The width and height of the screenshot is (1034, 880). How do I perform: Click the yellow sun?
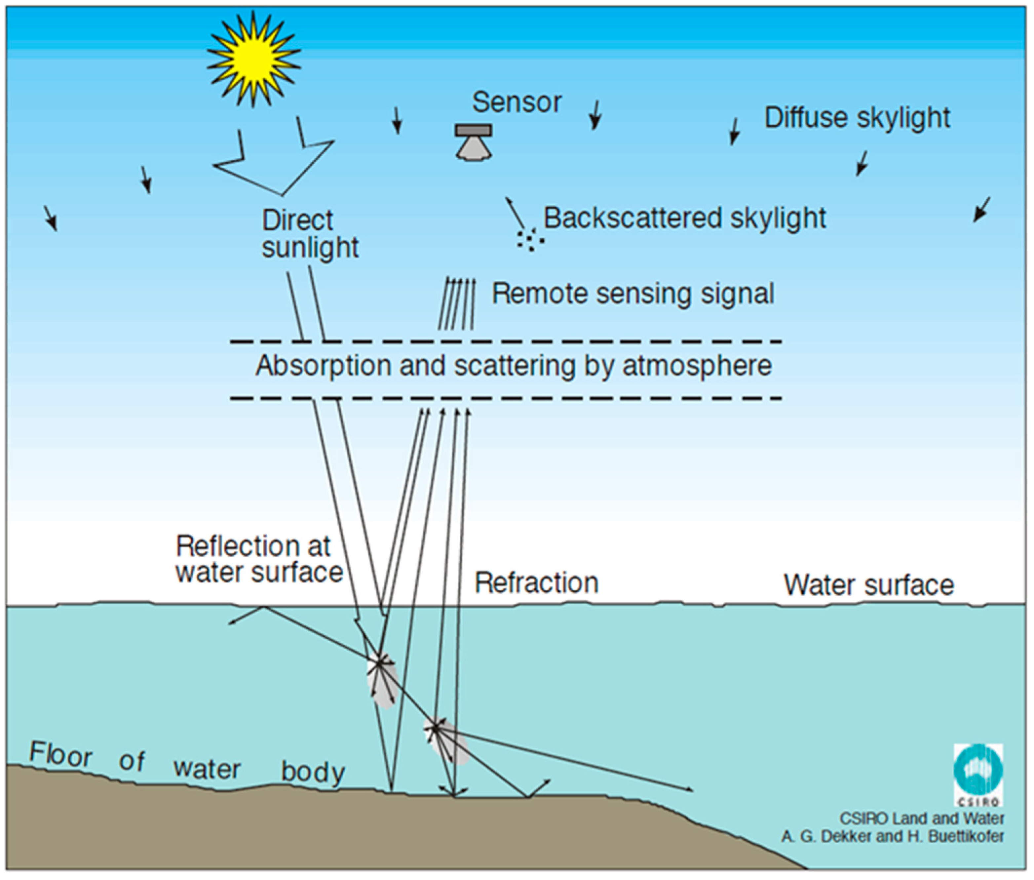click(254, 59)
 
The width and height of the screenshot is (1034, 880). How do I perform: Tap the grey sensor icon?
click(473, 142)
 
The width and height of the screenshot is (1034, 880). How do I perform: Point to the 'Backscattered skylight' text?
click(684, 218)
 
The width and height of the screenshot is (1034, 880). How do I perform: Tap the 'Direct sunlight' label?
click(310, 233)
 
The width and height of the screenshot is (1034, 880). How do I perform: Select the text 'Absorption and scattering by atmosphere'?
click(514, 366)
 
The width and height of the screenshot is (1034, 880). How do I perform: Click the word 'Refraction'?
click(536, 583)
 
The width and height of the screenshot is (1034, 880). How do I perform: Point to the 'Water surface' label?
click(868, 585)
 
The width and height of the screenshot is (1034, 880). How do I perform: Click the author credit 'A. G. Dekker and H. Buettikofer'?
click(893, 836)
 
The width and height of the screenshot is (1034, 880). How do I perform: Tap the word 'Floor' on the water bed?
click(61, 755)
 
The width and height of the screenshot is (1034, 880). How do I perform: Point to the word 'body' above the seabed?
click(313, 772)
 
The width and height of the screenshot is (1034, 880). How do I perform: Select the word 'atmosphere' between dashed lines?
click(697, 366)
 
